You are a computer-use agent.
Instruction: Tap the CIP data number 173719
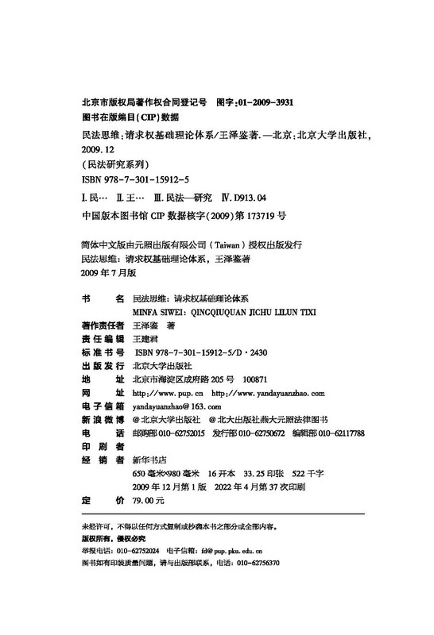[254, 214]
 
